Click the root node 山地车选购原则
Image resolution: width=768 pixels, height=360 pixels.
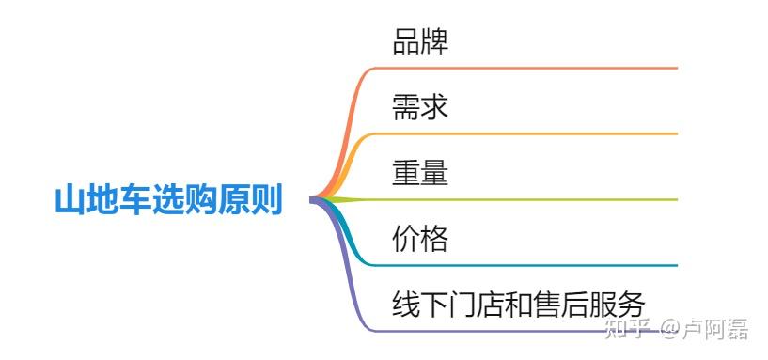(168, 200)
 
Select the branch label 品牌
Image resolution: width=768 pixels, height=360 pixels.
(420, 41)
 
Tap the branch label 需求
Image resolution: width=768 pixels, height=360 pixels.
(420, 107)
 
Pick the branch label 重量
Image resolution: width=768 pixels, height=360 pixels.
(420, 173)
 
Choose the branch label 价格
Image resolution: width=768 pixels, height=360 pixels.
(420, 239)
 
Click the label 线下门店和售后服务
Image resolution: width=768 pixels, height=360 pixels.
(519, 305)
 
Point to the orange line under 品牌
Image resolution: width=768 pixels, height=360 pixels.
(526, 68)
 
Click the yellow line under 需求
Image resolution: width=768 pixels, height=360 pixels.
(526, 133)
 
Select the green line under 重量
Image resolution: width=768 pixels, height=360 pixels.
(526, 199)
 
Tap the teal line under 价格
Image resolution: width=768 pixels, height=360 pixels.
(526, 265)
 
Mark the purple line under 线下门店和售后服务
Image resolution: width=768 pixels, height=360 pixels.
(526, 331)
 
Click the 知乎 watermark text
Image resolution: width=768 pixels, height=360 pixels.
(629, 328)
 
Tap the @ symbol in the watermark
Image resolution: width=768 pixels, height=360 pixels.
(670, 328)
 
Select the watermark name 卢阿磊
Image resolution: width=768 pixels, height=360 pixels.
(716, 328)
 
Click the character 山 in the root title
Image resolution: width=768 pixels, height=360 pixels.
(69, 200)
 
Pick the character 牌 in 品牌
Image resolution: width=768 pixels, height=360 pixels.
(434, 41)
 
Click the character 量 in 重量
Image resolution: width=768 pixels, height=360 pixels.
(434, 173)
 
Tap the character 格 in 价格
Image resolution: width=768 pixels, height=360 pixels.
(434, 239)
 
